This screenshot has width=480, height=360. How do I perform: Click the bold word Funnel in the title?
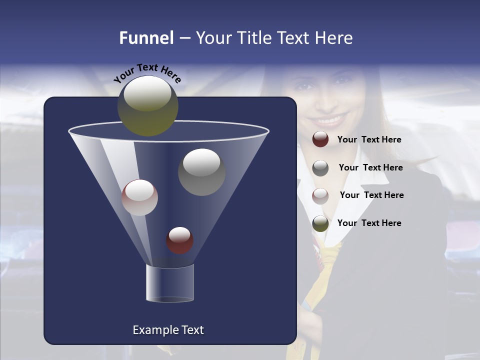click(x=146, y=38)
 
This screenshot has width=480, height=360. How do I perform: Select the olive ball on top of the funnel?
click(x=147, y=105)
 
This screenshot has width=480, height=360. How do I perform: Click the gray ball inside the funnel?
click(x=201, y=172)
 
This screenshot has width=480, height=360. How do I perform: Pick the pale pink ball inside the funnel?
click(x=139, y=197)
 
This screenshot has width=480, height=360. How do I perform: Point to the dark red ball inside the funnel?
click(x=179, y=240)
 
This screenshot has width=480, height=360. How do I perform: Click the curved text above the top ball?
click(x=147, y=72)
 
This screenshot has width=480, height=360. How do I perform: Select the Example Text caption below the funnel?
click(x=168, y=330)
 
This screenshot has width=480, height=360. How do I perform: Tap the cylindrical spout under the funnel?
click(x=169, y=283)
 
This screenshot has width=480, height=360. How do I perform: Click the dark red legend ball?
click(x=320, y=139)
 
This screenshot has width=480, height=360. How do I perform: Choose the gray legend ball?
click(x=320, y=167)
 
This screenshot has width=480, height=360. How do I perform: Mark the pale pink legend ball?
click(x=320, y=195)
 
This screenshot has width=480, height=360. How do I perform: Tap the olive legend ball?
click(x=320, y=223)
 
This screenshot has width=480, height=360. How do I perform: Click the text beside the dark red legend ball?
click(x=369, y=140)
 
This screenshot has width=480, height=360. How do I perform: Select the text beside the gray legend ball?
click(x=370, y=168)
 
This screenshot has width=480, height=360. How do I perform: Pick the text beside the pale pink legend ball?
click(x=371, y=195)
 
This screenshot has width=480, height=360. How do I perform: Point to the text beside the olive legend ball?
click(x=369, y=223)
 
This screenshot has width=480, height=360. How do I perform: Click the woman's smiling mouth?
click(x=330, y=120)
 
